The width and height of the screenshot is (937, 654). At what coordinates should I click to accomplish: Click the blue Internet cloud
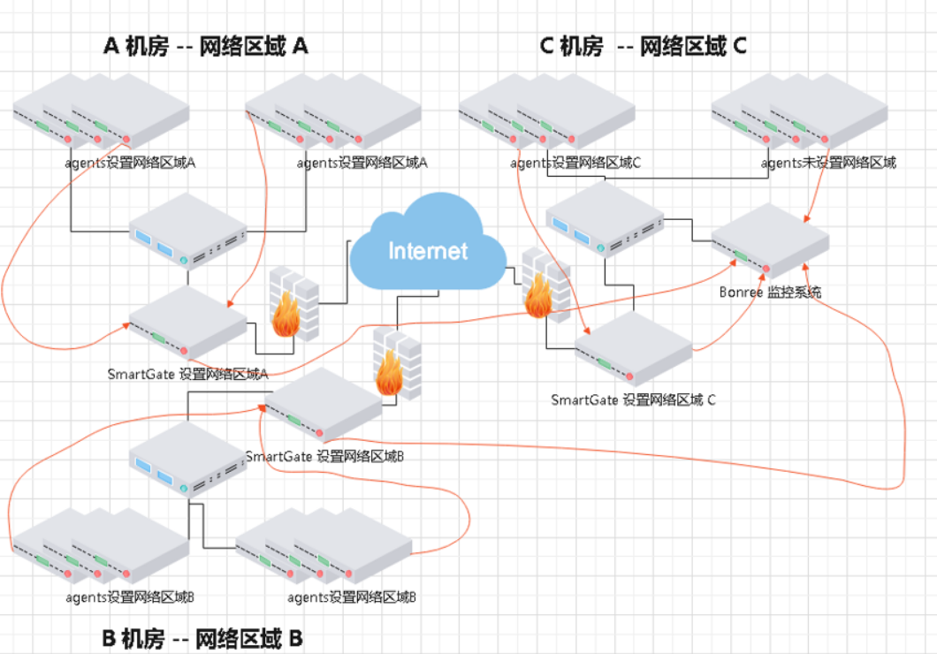[x=428, y=247]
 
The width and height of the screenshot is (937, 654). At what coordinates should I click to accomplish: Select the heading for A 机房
[x=206, y=46]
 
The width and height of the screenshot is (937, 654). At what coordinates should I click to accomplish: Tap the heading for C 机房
[x=643, y=46]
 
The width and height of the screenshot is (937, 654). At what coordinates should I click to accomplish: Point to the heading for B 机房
[x=203, y=638]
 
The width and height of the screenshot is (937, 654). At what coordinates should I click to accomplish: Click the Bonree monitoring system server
[x=770, y=240]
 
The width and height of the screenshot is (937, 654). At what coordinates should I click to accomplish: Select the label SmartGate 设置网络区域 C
[x=633, y=399]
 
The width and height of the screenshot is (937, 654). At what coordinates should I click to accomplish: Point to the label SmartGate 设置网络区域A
[x=187, y=374]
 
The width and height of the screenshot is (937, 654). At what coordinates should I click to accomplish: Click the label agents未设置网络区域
[x=827, y=163]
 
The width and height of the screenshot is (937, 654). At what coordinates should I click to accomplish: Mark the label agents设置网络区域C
[x=575, y=163]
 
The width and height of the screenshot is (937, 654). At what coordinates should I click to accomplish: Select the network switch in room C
[x=605, y=219]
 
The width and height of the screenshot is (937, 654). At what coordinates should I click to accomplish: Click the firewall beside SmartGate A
[x=292, y=303]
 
